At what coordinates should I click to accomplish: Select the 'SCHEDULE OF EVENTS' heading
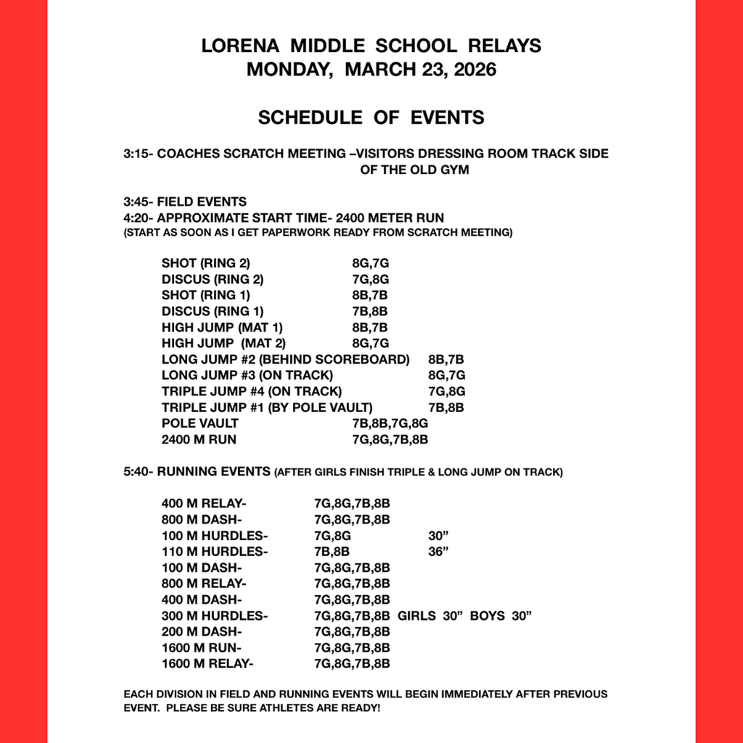pos(371,117)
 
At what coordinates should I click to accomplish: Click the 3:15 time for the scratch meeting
pos(136,154)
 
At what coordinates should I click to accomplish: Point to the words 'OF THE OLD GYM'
pos(414,170)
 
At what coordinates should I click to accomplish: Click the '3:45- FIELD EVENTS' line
pos(185,202)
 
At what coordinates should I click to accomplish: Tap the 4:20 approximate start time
pos(136,218)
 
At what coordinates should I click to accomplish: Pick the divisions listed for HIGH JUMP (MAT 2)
pos(371,342)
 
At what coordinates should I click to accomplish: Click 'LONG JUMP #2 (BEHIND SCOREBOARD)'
pos(285,359)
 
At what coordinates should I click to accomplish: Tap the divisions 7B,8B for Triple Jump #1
pos(446,407)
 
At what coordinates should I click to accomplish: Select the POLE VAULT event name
pos(200,423)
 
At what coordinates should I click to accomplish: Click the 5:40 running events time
pos(136,472)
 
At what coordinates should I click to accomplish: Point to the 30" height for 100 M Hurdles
pos(438,535)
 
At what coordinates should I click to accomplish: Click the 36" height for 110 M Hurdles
pos(438,551)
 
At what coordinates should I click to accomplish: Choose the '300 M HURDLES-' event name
pos(214,615)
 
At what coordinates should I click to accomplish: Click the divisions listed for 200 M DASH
pos(352,631)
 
